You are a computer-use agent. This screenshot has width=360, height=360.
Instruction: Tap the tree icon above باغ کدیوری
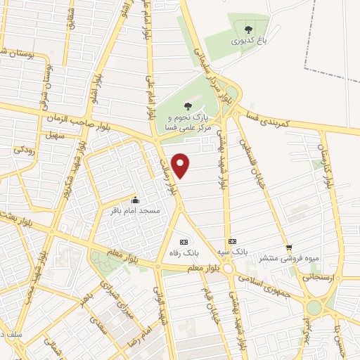247,30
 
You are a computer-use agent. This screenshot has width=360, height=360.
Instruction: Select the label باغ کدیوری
247,41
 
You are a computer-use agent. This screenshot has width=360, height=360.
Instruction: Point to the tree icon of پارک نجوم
186,105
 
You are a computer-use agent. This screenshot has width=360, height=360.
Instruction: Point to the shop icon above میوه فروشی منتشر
289,247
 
